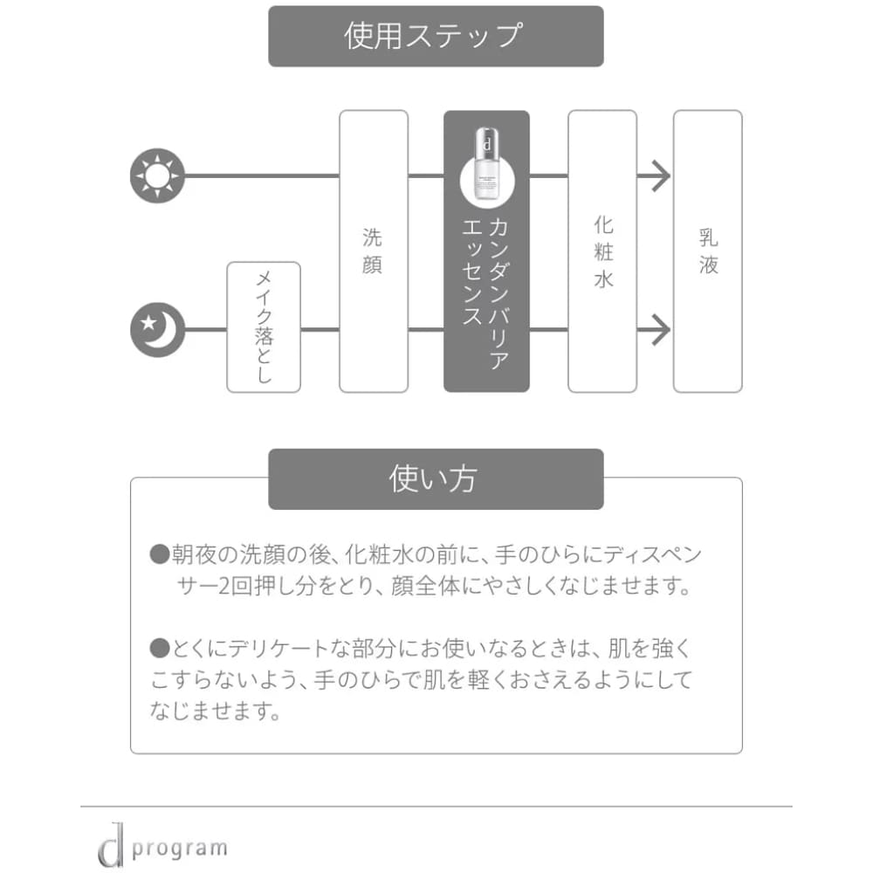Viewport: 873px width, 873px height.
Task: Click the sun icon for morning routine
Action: click(x=157, y=175)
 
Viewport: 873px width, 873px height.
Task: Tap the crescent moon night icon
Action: click(x=157, y=330)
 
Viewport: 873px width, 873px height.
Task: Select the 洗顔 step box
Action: click(x=373, y=251)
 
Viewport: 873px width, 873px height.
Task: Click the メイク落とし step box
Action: click(x=264, y=327)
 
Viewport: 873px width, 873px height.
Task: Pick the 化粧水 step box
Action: click(x=602, y=251)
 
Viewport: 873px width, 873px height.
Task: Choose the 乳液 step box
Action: click(x=708, y=251)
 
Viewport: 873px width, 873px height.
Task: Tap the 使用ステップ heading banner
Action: click(x=436, y=36)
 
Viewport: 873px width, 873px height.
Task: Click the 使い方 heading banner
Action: click(x=436, y=479)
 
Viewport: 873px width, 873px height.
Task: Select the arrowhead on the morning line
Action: click(x=659, y=176)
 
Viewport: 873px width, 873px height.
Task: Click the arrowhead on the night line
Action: click(x=659, y=330)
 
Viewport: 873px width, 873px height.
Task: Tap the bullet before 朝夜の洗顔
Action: click(x=158, y=554)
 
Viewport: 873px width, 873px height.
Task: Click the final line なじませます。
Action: click(x=215, y=711)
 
